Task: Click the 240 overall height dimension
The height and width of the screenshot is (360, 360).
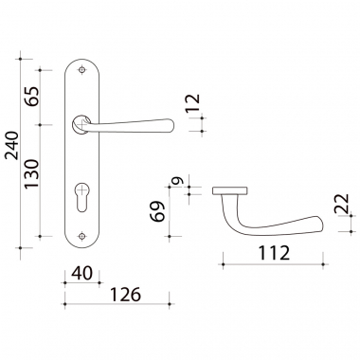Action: tap(13, 145)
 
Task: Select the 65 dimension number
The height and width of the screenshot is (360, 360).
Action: tap(32, 96)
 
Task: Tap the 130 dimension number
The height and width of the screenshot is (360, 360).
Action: tap(32, 173)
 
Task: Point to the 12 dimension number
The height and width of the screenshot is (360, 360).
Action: tap(193, 103)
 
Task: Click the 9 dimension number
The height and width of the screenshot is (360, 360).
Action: tap(177, 181)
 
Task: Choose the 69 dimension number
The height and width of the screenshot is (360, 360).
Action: tap(157, 211)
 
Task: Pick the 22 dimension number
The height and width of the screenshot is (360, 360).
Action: tap(341, 203)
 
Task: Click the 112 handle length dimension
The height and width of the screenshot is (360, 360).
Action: tap(274, 253)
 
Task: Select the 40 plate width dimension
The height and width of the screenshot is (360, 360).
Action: tap(82, 273)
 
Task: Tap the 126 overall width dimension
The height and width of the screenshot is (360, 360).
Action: tap(125, 295)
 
